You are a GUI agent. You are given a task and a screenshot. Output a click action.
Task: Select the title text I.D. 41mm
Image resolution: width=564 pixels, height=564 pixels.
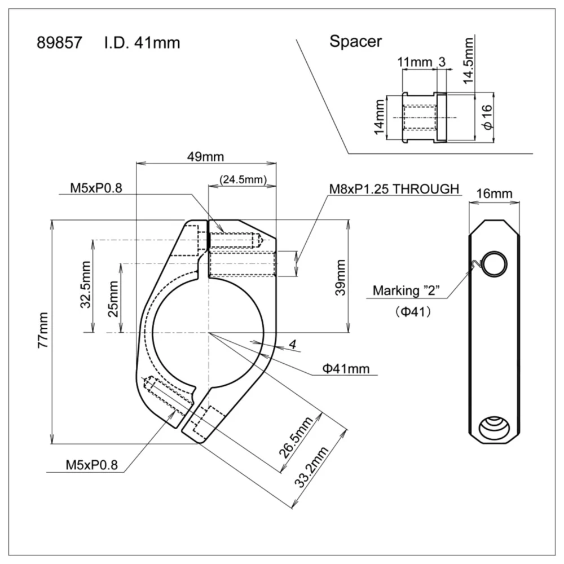(142, 42)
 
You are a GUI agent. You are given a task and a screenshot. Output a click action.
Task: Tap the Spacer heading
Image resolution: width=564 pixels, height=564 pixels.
(355, 41)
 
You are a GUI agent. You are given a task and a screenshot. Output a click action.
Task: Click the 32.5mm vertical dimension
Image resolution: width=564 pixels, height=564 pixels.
(86, 285)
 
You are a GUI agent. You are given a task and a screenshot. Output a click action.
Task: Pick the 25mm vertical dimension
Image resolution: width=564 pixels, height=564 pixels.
(114, 298)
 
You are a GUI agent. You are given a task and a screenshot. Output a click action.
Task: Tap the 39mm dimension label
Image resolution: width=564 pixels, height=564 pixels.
(340, 276)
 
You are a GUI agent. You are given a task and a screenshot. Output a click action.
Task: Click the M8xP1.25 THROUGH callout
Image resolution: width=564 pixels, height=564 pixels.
(393, 189)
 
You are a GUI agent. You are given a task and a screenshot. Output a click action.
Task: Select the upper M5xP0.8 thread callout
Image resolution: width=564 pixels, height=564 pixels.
(96, 188)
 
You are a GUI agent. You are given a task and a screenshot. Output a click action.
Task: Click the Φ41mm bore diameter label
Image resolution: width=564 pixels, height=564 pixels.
(346, 369)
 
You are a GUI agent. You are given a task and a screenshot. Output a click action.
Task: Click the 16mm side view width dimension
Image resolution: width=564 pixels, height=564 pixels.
(494, 194)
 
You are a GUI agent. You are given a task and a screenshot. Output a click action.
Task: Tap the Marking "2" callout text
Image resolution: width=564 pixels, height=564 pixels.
(407, 292)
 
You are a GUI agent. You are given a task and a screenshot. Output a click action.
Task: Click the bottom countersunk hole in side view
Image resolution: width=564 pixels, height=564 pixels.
(493, 428)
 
